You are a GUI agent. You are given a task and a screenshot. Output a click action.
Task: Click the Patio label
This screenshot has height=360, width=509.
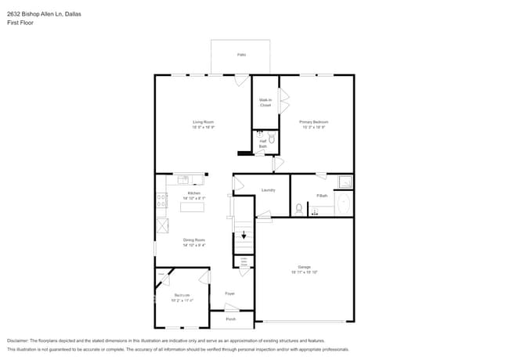pos(240,55)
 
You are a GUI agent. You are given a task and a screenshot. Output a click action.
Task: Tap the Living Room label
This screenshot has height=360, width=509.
pos(204,122)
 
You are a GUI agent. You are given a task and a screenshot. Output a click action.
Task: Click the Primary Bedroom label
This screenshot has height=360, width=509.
pos(313,122)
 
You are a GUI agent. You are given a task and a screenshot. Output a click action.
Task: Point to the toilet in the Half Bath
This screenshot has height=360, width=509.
pos(271,138)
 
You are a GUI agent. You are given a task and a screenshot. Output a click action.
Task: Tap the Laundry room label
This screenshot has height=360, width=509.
pos(268,190)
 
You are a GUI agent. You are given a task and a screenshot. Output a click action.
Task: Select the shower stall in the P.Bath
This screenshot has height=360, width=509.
pos(345,182)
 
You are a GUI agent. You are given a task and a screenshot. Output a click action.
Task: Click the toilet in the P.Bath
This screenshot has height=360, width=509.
pos(299,209)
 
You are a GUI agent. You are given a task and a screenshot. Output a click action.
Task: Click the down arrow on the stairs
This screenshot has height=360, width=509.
pos(244,234)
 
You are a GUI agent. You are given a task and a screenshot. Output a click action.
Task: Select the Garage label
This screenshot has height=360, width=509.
pos(304,268)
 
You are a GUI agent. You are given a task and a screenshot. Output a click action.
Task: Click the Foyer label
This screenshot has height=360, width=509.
pos(230,293)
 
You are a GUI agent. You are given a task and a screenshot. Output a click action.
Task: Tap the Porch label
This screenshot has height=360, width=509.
pos(230,319)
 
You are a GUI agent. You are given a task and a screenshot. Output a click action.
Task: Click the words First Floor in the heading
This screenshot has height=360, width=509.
pos(20,23)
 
